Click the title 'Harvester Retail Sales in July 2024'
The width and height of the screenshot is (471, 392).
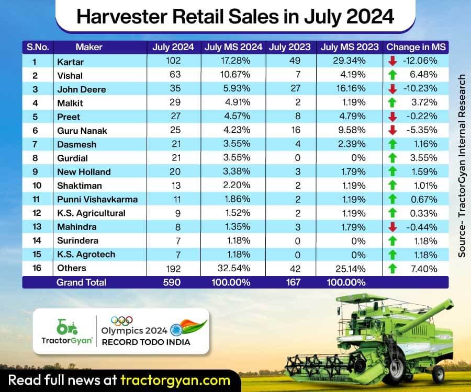pos(235,17)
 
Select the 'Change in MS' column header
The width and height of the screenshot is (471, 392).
pos(416,47)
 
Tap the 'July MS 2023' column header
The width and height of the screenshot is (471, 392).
pos(350,47)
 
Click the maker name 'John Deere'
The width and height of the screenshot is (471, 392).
pos(81,89)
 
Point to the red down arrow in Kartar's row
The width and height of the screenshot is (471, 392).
pos(392,61)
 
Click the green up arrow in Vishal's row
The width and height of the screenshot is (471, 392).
pos(392,75)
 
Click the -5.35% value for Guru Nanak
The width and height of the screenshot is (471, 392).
pos(422,130)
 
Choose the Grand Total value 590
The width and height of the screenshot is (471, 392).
pos(173,282)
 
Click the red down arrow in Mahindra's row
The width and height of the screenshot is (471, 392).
pos(392,226)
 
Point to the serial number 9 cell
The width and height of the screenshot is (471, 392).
pos(36,171)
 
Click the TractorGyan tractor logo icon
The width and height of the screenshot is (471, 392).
pos(66,328)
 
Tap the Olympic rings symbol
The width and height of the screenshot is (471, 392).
pos(121,320)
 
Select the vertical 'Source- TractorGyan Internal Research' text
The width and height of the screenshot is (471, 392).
pos(462,165)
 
